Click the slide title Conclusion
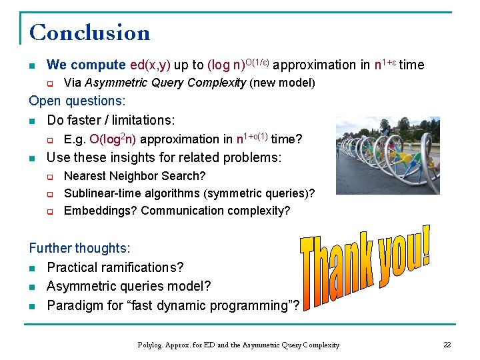click(x=90, y=33)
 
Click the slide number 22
click(x=447, y=345)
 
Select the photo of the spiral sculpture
click(x=387, y=155)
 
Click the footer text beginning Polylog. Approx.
click(x=238, y=345)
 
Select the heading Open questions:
click(x=77, y=101)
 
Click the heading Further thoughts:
click(x=79, y=248)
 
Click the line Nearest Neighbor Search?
click(x=135, y=176)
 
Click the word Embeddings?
click(x=101, y=211)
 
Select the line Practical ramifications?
click(x=115, y=267)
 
